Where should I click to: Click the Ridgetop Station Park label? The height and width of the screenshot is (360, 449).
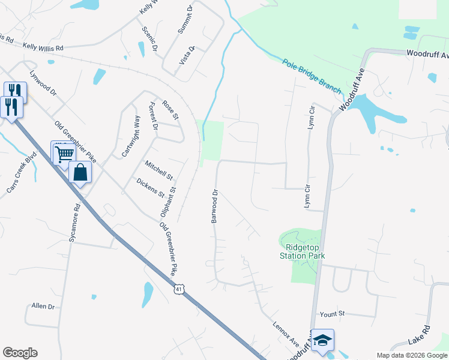click(x=305, y=251)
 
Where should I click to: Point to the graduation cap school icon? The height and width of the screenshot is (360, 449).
click(x=322, y=340)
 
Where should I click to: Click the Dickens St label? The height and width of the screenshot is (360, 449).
click(x=150, y=188)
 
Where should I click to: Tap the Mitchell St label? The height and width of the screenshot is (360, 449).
click(x=158, y=170)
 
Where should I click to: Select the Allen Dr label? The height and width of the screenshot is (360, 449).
click(x=43, y=306)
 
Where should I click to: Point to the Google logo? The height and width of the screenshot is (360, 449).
click(x=20, y=353)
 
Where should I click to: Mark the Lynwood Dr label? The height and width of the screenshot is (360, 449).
click(x=43, y=83)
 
